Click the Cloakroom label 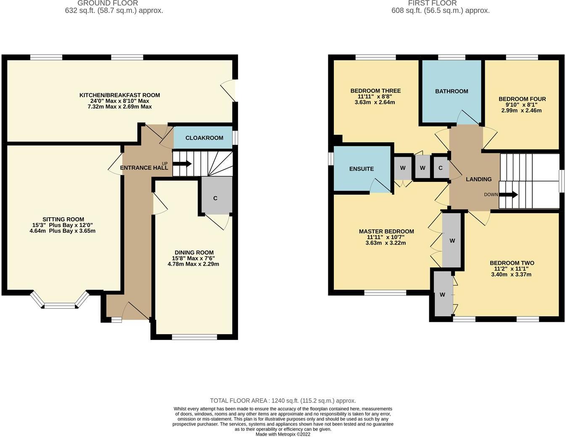click(204, 138)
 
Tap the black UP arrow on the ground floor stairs click(182, 164)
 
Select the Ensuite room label click(362, 169)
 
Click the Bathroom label click(451, 91)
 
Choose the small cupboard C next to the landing click(441, 168)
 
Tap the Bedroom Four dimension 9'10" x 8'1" click(522, 105)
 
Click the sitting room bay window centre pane click(60, 307)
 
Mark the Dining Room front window click(195, 337)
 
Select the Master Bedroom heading click(386, 232)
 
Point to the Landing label click(479, 179)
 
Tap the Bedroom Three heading click(375, 91)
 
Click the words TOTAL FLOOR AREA click(238, 400)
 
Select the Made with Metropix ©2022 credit click(283, 434)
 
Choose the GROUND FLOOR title click(108, 3)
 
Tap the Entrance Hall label click(144, 168)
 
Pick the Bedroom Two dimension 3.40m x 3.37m click(511, 274)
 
